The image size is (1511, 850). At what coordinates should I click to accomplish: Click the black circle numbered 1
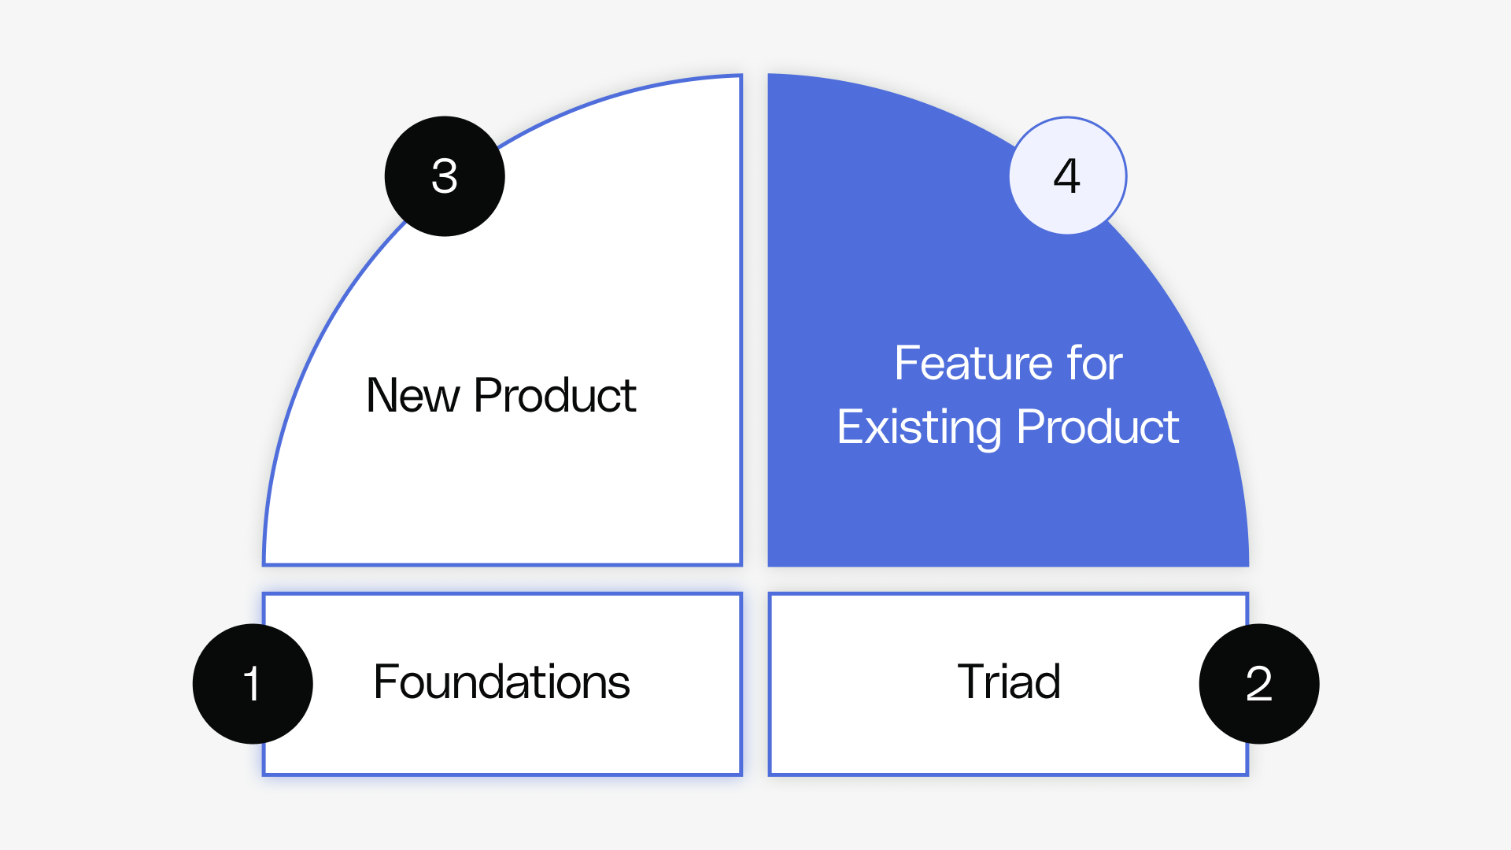click(x=253, y=684)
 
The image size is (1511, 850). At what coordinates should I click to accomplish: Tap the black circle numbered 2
click(x=1258, y=684)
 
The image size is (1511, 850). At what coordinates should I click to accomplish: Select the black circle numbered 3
click(x=445, y=176)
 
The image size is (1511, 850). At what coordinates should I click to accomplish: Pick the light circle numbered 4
click(x=1068, y=176)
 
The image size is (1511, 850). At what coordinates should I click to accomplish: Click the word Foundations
click(x=501, y=682)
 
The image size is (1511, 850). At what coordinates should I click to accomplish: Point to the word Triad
click(x=1009, y=682)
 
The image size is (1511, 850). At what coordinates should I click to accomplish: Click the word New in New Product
click(x=412, y=395)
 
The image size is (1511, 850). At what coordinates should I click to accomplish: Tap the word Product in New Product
click(x=555, y=395)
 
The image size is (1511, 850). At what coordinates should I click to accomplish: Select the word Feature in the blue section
click(x=973, y=364)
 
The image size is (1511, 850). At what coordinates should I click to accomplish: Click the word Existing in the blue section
click(x=918, y=427)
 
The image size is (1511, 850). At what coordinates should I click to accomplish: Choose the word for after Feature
click(x=1095, y=364)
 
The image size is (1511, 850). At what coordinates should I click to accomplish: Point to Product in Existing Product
click(x=1098, y=427)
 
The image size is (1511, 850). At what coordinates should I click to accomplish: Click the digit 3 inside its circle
click(x=445, y=176)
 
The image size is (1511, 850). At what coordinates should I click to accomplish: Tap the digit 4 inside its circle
click(x=1067, y=176)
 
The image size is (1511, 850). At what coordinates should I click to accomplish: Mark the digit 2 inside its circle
click(x=1258, y=684)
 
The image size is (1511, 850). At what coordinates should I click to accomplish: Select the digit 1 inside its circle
click(x=252, y=684)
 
